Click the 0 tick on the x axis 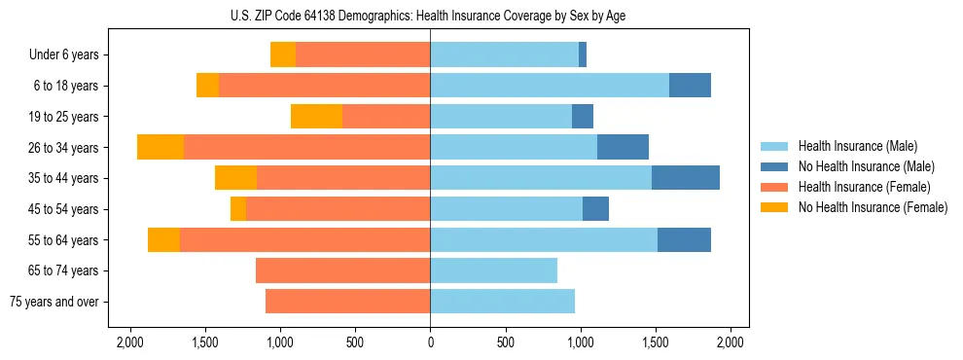430,342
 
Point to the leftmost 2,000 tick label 129,342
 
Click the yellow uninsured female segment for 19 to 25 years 316,117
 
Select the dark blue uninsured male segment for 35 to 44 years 685,178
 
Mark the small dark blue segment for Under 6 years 583,55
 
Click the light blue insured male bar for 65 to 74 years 493,270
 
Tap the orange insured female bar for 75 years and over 347,302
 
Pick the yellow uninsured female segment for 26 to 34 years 160,148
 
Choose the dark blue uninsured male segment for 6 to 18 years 690,86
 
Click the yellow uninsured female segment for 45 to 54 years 238,209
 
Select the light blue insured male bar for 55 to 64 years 544,240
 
